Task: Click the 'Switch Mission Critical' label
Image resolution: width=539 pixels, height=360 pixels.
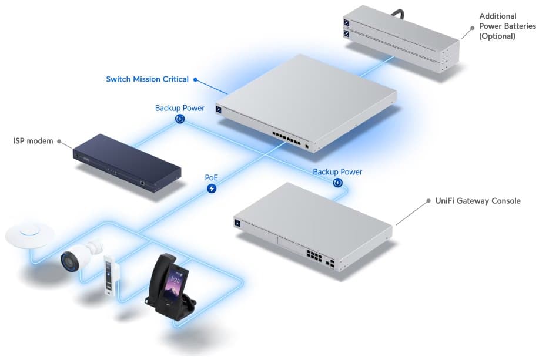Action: (x=147, y=79)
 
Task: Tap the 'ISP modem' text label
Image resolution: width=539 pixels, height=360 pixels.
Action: (x=33, y=141)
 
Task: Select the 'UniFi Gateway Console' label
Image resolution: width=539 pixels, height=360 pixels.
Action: (x=477, y=201)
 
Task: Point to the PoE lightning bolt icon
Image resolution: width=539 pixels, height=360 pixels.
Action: (x=212, y=189)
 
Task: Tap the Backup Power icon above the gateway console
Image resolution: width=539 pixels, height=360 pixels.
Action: (x=337, y=183)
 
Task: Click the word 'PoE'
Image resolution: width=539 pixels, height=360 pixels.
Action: (x=212, y=177)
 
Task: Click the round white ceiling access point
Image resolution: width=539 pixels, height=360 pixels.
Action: (x=29, y=235)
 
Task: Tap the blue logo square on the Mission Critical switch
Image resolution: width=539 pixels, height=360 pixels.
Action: (x=219, y=109)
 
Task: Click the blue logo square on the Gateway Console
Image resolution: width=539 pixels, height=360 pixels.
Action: (x=237, y=223)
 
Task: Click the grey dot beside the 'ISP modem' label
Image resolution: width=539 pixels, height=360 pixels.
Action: (x=59, y=141)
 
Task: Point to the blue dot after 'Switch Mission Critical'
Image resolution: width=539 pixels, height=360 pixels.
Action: (x=195, y=79)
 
